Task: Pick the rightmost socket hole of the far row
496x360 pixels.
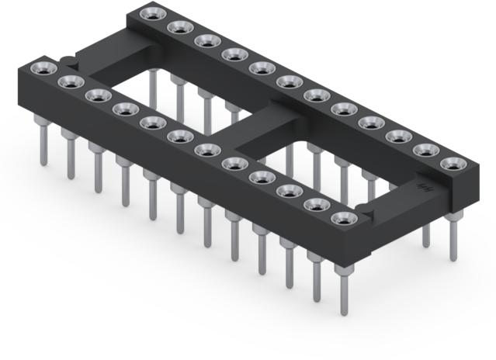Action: click(x=451, y=164)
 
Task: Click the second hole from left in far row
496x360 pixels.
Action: click(x=177, y=28)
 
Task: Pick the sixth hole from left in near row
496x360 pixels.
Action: click(x=176, y=137)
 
